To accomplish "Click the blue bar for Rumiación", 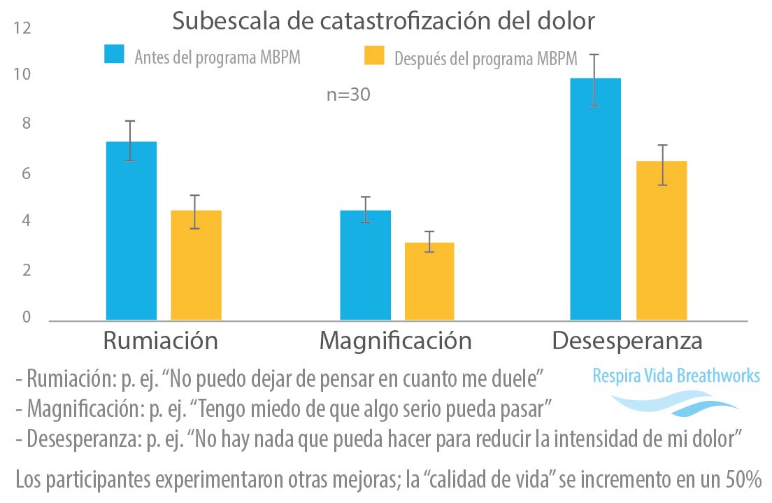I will (x=131, y=231).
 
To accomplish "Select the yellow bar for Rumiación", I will (x=196, y=265).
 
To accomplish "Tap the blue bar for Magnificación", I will (x=365, y=265).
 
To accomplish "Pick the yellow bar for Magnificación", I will (x=429, y=281).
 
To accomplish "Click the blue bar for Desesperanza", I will (x=595, y=199).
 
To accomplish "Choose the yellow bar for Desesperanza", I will (x=661, y=241).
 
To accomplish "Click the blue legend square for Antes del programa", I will (x=114, y=55).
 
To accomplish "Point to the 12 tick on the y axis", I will (x=22, y=29).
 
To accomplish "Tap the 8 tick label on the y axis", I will (x=26, y=125).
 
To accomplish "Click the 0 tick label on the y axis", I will (x=26, y=318).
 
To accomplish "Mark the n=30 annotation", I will (x=348, y=95).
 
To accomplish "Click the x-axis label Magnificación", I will (x=395, y=341).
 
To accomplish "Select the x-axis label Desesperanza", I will (x=627, y=341).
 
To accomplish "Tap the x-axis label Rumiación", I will (x=160, y=341).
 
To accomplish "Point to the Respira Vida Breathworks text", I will (x=675, y=376).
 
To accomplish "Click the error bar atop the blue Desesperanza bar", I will (x=594, y=79).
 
